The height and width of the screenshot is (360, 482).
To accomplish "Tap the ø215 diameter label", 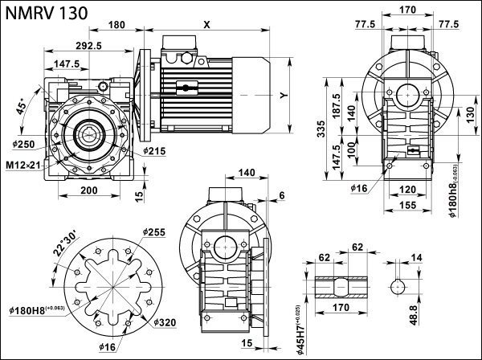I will [156, 150].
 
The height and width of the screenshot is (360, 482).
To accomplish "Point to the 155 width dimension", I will [407, 207].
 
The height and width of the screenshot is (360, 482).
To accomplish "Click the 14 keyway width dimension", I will [415, 258].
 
